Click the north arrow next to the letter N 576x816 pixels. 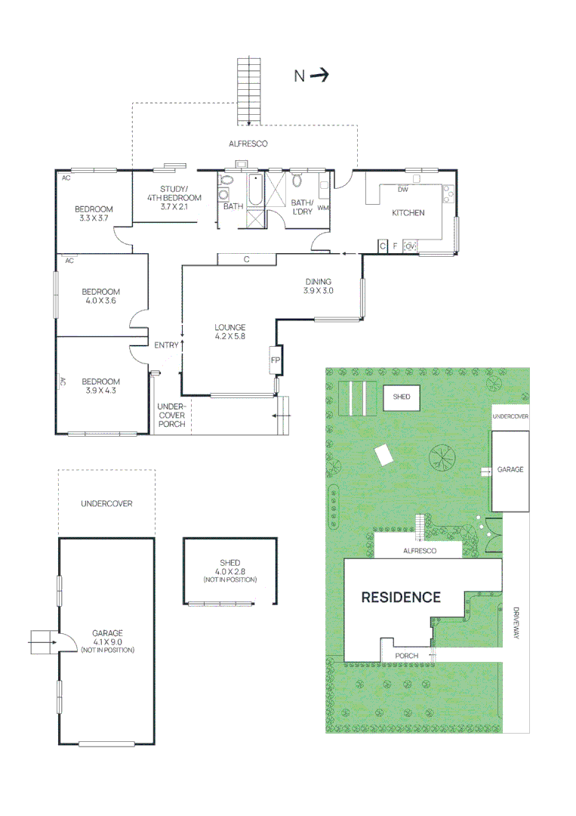319,75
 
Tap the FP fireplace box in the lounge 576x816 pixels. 276,361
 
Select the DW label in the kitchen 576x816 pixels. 403,190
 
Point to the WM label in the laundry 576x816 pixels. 323,208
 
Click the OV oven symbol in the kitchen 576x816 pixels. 410,246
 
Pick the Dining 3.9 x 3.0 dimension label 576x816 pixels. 319,286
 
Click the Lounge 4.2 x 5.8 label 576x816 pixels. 230,332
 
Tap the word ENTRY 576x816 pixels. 166,345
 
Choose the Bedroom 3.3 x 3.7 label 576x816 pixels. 94,214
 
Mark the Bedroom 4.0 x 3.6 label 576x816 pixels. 100,296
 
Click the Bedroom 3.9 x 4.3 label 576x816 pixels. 100,386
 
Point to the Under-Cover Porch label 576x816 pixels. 171,415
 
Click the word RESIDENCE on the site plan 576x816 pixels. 401,597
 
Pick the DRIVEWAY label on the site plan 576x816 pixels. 516,624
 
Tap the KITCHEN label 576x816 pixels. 408,213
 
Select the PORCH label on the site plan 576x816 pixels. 407,656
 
